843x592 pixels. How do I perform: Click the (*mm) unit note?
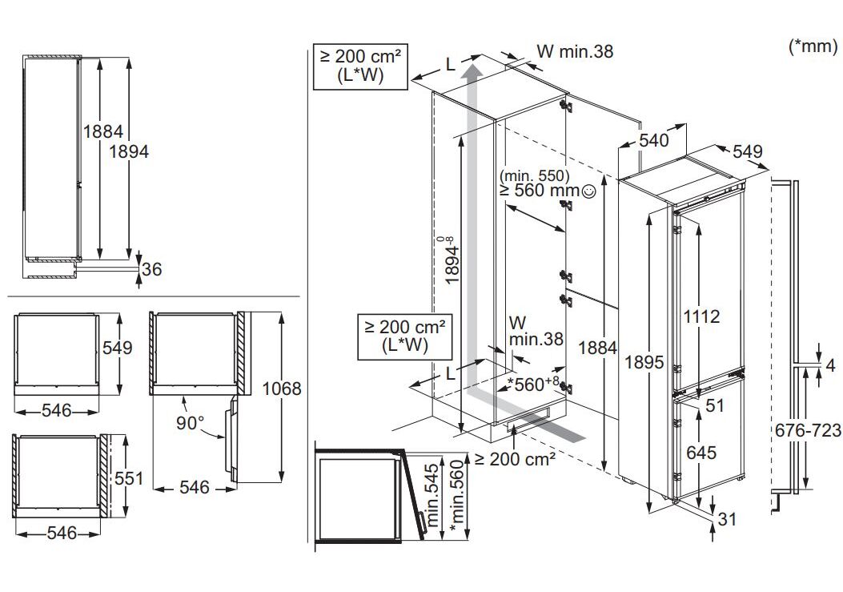pyautogui.click(x=813, y=46)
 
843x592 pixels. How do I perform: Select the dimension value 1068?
pyautogui.click(x=281, y=389)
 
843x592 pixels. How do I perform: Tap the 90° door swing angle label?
pyautogui.click(x=191, y=422)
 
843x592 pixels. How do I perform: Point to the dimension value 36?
pyautogui.click(x=151, y=269)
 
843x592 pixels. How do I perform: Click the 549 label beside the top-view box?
pyautogui.click(x=117, y=348)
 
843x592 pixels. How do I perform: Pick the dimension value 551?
pyautogui.click(x=128, y=478)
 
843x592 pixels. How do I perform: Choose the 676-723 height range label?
pyautogui.click(x=808, y=430)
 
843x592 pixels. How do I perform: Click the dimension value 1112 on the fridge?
pyautogui.click(x=701, y=316)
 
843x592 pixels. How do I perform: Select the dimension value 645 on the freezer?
pyautogui.click(x=701, y=453)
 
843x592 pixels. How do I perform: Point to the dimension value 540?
pyautogui.click(x=654, y=141)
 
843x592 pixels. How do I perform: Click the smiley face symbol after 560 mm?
pyautogui.click(x=589, y=191)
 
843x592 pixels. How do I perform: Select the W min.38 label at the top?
pyautogui.click(x=574, y=51)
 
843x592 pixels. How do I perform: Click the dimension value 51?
pyautogui.click(x=714, y=406)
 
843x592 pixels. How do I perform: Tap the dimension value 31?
pyautogui.click(x=725, y=519)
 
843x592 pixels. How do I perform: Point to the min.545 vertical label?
pyautogui.click(x=433, y=495)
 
